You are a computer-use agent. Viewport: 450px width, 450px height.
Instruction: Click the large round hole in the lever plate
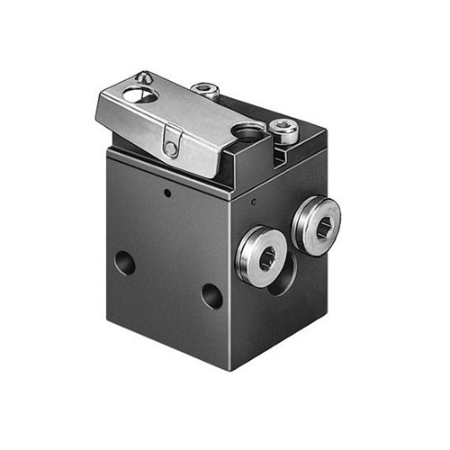134,94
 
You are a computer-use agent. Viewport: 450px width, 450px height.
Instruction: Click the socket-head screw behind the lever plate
206,89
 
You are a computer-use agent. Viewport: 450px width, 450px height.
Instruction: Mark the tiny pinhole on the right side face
255,200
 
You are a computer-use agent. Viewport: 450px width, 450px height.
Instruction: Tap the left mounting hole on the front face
124,263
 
